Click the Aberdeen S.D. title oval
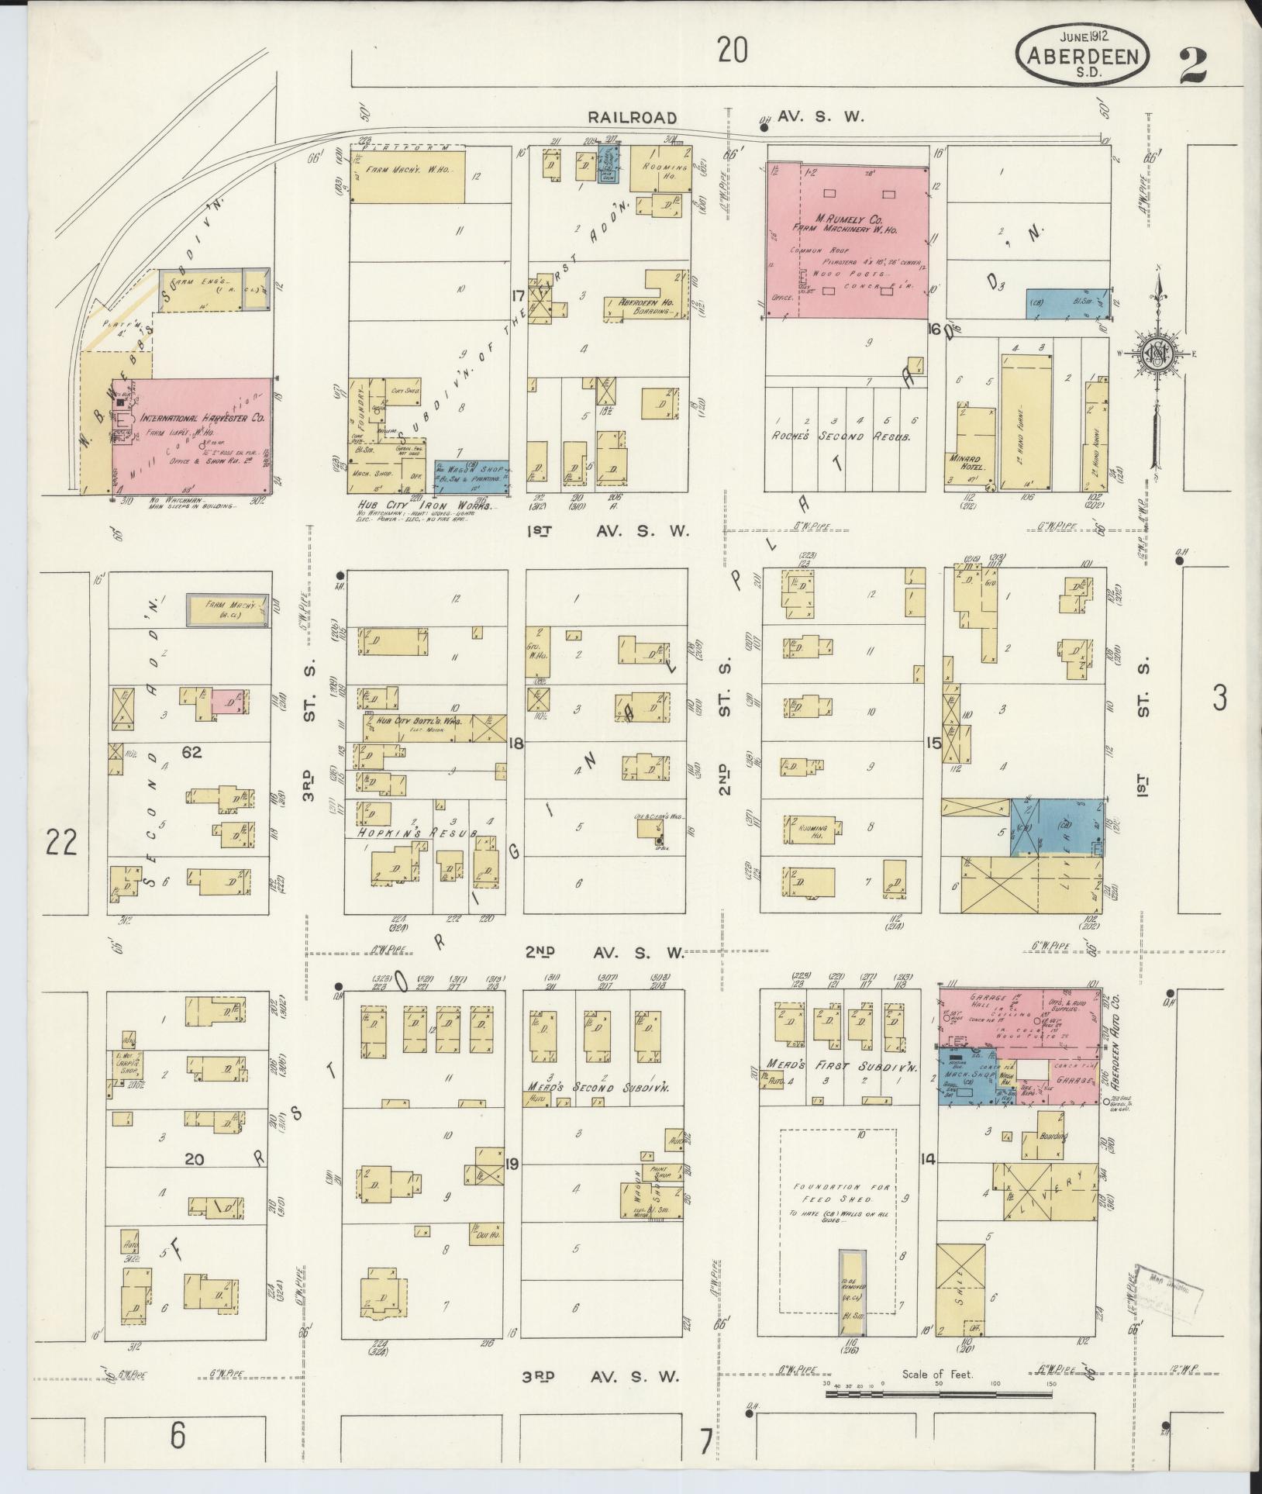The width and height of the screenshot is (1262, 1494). pos(1083,57)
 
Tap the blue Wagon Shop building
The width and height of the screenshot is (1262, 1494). pos(471,476)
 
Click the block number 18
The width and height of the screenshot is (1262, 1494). pos(515,744)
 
